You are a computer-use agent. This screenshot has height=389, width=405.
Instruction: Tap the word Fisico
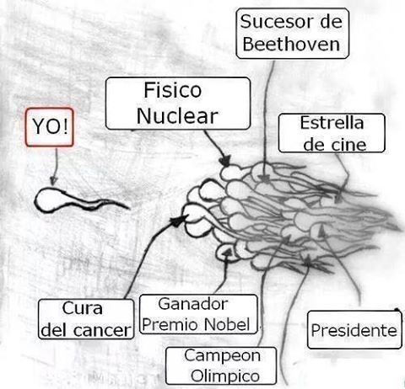click(173, 90)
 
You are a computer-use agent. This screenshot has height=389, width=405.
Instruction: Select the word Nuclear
click(177, 116)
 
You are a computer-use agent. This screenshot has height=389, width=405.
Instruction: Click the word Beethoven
click(291, 44)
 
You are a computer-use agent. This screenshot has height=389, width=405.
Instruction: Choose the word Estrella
click(332, 123)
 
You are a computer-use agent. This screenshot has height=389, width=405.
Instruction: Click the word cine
click(348, 145)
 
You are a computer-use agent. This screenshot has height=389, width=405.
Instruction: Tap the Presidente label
click(354, 330)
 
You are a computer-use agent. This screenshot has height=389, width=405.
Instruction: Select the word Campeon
click(222, 356)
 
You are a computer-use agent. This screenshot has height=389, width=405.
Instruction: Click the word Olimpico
click(225, 376)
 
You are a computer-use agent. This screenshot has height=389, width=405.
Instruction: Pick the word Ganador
click(192, 304)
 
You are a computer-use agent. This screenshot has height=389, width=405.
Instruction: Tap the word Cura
click(82, 308)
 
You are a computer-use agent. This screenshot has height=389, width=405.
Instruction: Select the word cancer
click(102, 331)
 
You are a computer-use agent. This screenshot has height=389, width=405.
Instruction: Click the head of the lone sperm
click(50, 200)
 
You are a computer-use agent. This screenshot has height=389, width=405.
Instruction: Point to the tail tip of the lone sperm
click(129, 209)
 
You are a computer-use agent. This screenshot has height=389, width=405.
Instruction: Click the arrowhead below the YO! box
click(53, 181)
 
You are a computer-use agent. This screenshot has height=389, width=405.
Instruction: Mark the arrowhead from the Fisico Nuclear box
click(224, 162)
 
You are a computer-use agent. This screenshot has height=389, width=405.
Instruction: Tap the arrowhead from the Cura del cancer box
click(180, 221)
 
